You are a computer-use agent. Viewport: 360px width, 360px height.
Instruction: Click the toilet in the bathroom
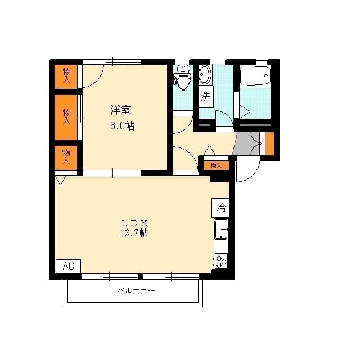183,79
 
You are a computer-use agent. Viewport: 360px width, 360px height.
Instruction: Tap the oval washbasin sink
205,75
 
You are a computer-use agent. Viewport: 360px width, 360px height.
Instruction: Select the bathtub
255,75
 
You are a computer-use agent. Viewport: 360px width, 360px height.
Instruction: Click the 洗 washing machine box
206,96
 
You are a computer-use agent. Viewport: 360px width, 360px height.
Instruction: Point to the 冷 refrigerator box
221,208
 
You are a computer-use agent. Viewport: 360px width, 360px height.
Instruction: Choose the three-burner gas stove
220,260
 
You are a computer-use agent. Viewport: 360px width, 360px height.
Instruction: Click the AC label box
68,266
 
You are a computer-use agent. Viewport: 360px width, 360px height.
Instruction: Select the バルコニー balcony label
136,291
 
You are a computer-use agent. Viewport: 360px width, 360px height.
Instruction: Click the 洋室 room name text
121,109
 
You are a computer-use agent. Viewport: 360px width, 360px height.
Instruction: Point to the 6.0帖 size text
122,125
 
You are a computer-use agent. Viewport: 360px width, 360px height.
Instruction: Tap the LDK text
134,222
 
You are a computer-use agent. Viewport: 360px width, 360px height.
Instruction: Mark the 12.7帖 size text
134,233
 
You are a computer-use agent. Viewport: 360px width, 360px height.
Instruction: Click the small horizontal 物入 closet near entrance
216,165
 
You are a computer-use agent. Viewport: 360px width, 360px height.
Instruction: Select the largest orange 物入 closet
66,117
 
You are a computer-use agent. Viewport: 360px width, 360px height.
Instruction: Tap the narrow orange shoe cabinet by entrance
269,143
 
